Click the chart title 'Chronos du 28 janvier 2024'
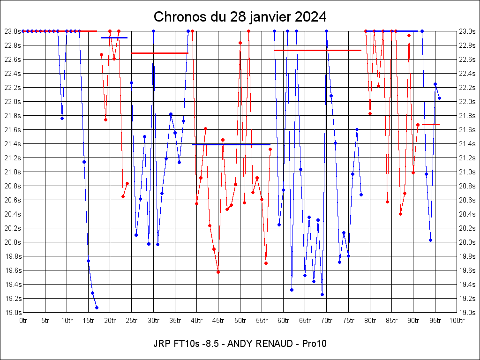pyautogui.click(x=240, y=17)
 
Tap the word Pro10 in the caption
pyautogui.click(x=314, y=344)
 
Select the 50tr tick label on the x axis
pyautogui.click(x=240, y=321)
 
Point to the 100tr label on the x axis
pyautogui.click(x=457, y=321)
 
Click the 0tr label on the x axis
pyautogui.click(x=23, y=321)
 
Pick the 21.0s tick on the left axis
pyautogui.click(x=13, y=172)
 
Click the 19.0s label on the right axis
pyautogui.click(x=467, y=313)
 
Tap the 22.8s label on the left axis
pyautogui.click(x=13, y=45)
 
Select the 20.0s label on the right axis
pyautogui.click(x=467, y=242)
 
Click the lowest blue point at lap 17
pyautogui.click(x=97, y=307)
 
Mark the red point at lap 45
pyautogui.click(x=218, y=272)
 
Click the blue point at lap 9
pyautogui.click(x=62, y=118)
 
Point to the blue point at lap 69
pyautogui.click(x=322, y=294)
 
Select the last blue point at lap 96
pyautogui.click(x=439, y=98)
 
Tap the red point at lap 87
pyautogui.click(x=400, y=214)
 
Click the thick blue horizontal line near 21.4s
pyautogui.click(x=231, y=144)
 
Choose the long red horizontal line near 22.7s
pyautogui.click(x=318, y=50)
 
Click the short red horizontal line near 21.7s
pyautogui.click(x=430, y=124)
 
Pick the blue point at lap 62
pyautogui.click(x=292, y=290)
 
